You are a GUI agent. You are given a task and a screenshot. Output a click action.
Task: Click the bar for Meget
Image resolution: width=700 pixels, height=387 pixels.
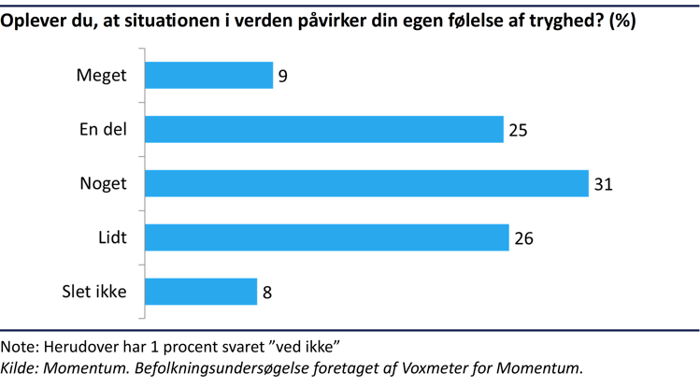(208, 75)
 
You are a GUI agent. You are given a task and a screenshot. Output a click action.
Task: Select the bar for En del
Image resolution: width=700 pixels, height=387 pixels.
(324, 129)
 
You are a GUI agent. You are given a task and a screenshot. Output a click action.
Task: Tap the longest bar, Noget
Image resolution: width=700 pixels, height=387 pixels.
(366, 183)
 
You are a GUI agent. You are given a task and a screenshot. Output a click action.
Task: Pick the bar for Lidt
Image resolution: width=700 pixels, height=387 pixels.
(327, 237)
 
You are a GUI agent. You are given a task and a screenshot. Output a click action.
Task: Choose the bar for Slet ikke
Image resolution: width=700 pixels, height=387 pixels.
(201, 292)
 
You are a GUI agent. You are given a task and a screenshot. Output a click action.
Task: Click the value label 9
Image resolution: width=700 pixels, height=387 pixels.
(282, 76)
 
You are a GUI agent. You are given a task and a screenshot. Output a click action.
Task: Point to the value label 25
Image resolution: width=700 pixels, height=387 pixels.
(519, 130)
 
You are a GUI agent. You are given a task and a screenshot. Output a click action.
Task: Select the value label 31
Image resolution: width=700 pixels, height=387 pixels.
(603, 184)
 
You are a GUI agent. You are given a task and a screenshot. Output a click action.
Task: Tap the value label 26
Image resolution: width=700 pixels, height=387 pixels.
(523, 238)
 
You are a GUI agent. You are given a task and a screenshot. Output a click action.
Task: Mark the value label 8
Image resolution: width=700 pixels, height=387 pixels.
(267, 293)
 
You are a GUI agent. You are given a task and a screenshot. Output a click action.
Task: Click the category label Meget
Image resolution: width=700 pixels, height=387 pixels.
(101, 76)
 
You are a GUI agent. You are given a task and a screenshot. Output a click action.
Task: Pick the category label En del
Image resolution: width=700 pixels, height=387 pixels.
(103, 130)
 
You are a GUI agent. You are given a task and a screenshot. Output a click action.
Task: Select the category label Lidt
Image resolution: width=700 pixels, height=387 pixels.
(111, 238)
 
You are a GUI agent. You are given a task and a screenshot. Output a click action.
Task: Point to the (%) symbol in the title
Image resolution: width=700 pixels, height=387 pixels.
(622, 21)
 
